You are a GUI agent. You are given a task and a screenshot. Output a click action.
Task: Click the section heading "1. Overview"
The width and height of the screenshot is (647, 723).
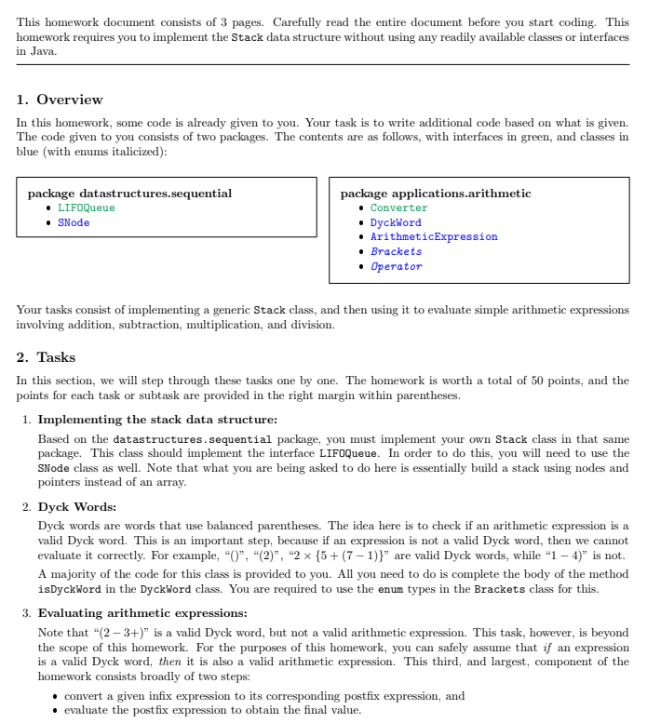[x=60, y=100]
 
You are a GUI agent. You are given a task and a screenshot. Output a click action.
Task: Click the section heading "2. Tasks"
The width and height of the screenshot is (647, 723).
[x=47, y=357]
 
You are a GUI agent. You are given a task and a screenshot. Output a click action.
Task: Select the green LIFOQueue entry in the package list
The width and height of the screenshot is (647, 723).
[x=86, y=208]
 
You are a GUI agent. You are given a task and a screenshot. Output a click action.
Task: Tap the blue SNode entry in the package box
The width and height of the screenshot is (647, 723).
[x=74, y=223]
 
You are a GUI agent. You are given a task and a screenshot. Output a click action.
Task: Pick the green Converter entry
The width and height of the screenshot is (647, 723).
[x=398, y=208]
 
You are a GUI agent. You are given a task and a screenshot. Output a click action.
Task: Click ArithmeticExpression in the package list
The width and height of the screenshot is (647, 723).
[x=433, y=237]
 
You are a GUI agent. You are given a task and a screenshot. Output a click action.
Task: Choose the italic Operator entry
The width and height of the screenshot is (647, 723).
[x=396, y=267]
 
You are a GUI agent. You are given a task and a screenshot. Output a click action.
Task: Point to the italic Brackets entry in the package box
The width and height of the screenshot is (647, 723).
[x=396, y=252]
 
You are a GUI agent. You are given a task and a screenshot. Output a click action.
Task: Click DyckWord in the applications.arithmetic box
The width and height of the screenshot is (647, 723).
[x=396, y=223]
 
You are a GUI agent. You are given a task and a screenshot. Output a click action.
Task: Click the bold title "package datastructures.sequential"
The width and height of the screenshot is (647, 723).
[x=129, y=194]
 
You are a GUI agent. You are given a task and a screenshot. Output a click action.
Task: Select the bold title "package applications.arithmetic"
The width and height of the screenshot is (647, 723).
[x=436, y=194]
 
